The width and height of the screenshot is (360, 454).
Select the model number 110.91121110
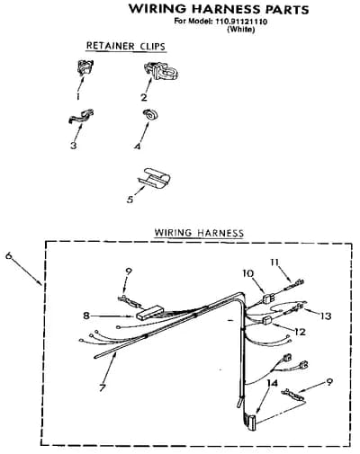(x=240, y=22)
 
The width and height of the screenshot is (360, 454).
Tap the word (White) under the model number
(x=241, y=30)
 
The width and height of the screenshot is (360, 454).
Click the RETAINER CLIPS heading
(x=126, y=47)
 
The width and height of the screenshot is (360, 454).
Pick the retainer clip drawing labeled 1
(x=85, y=67)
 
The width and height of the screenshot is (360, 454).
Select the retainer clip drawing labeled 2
(x=161, y=71)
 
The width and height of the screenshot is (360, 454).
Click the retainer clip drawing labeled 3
(x=80, y=116)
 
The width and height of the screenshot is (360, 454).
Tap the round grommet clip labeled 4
(x=150, y=114)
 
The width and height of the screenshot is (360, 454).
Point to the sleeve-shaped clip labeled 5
(x=154, y=178)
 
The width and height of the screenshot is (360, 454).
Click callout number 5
(x=130, y=199)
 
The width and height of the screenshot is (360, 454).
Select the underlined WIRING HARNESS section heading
(x=199, y=233)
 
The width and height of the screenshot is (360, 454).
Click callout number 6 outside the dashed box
(x=9, y=255)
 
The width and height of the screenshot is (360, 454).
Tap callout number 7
(x=103, y=387)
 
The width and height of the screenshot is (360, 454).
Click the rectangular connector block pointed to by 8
(x=149, y=312)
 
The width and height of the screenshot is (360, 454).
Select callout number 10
(x=248, y=273)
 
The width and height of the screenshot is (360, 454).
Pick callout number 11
(x=274, y=263)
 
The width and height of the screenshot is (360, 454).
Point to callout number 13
(x=326, y=316)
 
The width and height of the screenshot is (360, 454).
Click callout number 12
(x=300, y=332)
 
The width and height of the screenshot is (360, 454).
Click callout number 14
(x=272, y=383)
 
